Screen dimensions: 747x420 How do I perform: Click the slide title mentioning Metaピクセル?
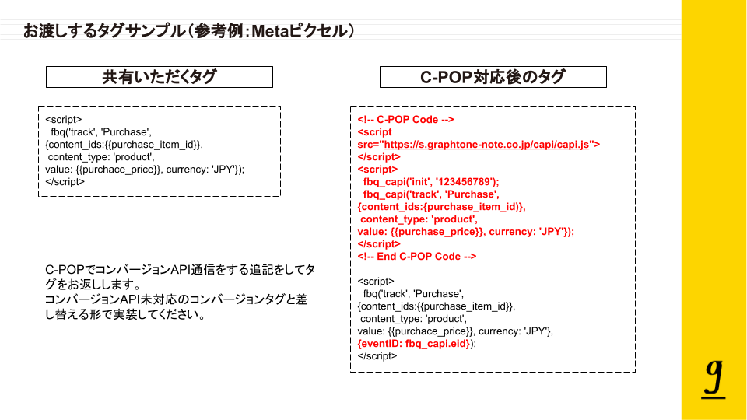tap(189, 31)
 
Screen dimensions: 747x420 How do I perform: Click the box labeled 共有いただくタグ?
tap(160, 77)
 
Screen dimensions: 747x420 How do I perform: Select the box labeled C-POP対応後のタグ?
tap(493, 77)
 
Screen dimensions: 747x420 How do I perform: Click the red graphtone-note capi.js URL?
tap(491, 144)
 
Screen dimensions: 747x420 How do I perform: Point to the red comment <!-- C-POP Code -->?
tap(405, 120)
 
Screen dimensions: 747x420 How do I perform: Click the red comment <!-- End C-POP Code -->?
tap(416, 256)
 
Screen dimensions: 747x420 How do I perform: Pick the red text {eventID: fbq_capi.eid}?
tap(413, 343)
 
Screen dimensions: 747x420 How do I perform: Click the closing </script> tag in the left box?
tap(65, 182)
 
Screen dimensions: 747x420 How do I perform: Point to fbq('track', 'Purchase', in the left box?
tap(100, 132)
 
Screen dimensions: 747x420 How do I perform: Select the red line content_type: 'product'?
tap(419, 219)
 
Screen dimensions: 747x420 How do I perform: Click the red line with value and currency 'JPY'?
tap(465, 231)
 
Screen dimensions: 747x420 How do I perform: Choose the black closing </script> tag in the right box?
tap(377, 355)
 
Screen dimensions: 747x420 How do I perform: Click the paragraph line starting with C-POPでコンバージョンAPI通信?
tap(180, 269)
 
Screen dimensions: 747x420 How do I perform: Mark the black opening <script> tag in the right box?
tap(376, 281)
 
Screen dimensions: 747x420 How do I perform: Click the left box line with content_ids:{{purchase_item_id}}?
tap(124, 145)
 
